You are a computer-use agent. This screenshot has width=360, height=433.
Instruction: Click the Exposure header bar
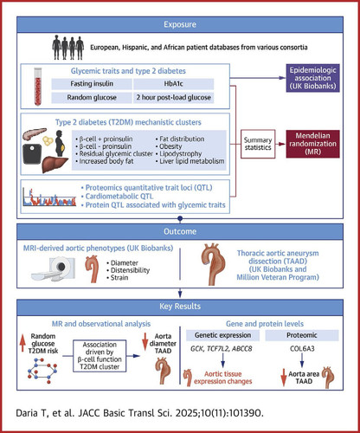180,24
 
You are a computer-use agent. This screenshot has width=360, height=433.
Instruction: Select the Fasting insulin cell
92,84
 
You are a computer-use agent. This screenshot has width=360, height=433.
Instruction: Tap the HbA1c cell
173,84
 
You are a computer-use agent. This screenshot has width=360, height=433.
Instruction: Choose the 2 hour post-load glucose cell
173,97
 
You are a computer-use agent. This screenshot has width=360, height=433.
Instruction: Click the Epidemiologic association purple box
312,78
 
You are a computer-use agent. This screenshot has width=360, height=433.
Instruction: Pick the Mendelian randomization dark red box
312,144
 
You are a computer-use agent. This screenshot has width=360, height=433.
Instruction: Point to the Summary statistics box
258,144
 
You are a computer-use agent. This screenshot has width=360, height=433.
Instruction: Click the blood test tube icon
37,87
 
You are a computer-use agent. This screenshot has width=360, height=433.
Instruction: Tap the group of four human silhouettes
68,48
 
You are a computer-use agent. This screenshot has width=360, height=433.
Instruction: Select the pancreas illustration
35,134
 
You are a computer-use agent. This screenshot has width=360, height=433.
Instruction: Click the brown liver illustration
55,164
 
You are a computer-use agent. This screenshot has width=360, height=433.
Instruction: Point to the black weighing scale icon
32,154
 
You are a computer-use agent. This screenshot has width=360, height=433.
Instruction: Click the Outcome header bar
180,231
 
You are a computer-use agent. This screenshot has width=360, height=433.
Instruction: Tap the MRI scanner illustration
54,268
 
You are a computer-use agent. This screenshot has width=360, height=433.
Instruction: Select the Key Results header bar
180,307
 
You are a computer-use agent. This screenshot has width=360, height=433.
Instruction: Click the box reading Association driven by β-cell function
100,356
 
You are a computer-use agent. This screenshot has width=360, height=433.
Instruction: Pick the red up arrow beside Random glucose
22,344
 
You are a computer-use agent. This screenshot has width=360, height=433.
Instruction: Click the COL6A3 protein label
302,349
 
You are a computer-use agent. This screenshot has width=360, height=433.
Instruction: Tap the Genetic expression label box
222,335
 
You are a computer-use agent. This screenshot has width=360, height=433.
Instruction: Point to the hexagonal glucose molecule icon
42,371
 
